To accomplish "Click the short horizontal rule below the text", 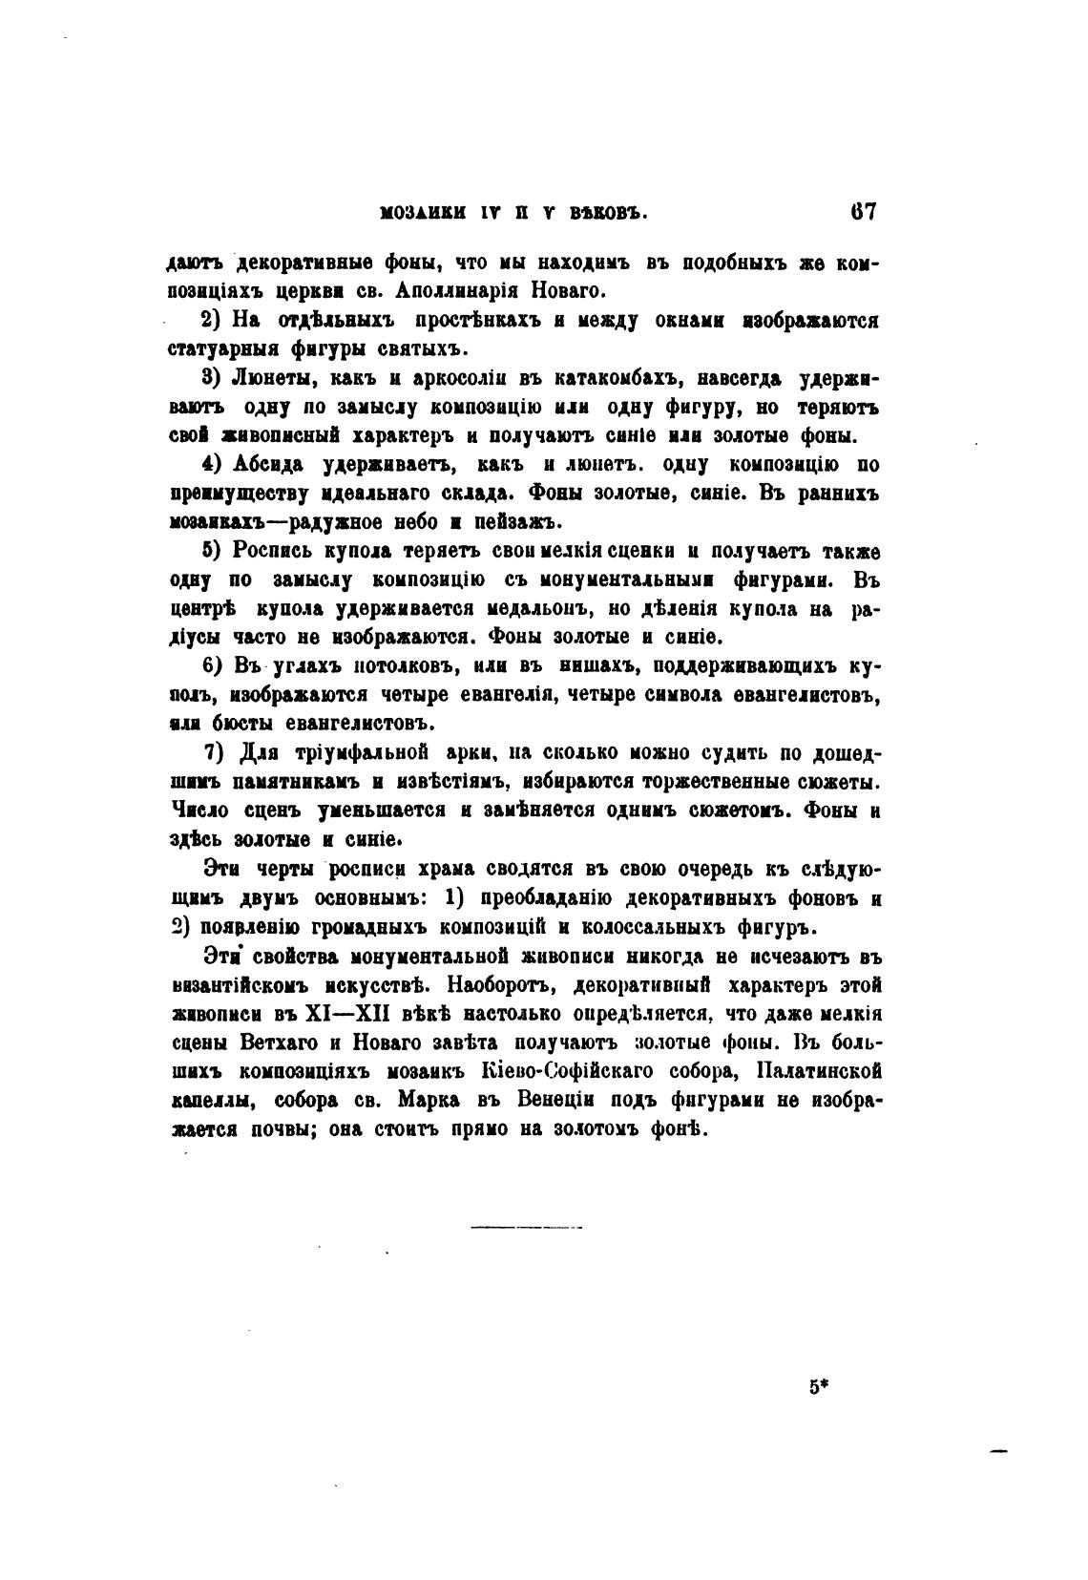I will click(526, 1226).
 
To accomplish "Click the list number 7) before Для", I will click(212, 752).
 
